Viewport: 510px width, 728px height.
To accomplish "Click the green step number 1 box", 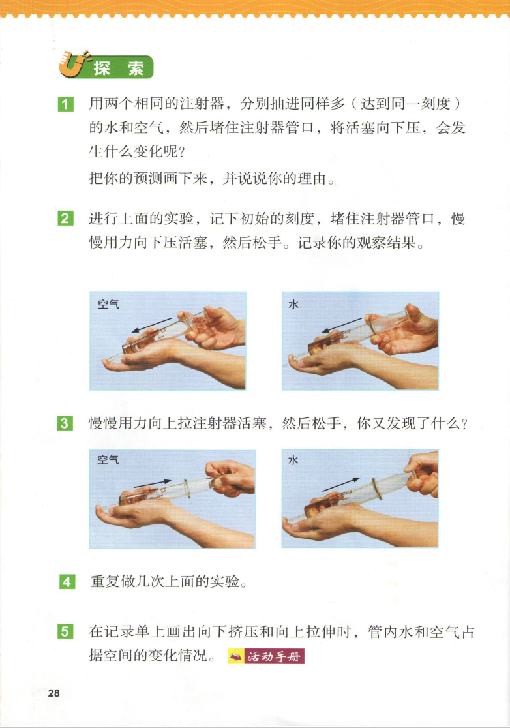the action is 65,104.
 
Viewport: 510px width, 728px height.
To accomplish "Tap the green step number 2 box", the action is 65,219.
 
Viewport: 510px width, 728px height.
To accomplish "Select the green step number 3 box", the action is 65,423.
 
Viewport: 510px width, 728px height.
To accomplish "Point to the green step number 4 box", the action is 67,582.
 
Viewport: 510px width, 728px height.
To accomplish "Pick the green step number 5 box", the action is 65,632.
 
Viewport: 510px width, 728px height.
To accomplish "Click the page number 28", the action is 54,693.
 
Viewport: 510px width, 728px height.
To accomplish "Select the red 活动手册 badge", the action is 266,656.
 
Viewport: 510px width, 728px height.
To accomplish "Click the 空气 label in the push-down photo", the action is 109,305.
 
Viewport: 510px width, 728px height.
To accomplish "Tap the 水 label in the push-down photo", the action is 293,305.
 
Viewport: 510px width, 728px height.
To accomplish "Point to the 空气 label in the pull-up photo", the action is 108,460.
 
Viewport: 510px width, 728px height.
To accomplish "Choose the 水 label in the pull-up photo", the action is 293,460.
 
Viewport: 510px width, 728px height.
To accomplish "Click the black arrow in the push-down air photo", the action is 151,325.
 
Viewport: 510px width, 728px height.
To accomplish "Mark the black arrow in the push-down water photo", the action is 342,325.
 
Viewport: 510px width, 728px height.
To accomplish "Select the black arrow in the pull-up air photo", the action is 153,483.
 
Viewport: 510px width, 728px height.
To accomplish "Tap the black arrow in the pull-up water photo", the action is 341,484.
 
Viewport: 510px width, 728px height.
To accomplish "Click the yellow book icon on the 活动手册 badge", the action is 236,656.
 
